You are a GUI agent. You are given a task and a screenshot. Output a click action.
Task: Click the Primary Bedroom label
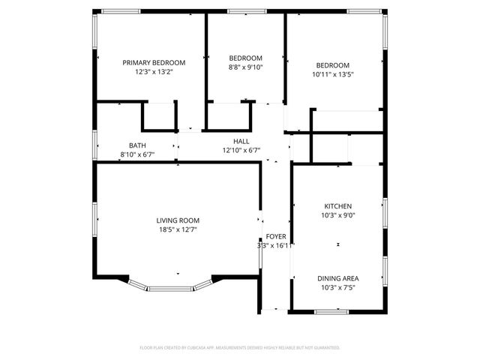[x=154, y=62]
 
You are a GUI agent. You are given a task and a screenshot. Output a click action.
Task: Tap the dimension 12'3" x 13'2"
[x=154, y=73]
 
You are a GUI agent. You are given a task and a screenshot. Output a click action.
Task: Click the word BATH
[x=137, y=145]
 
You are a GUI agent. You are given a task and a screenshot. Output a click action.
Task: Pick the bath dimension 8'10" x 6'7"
[x=137, y=154]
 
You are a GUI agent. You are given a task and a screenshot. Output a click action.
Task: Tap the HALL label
[x=241, y=141]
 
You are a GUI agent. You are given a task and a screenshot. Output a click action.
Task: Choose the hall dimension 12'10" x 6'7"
[x=241, y=150]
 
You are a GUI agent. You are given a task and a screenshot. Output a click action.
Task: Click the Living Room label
[x=178, y=220]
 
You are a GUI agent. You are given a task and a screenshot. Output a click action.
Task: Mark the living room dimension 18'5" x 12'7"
[x=178, y=230]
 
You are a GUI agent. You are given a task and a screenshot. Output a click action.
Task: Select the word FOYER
[x=276, y=236]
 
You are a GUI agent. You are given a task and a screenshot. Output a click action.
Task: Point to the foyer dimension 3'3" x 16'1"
[x=275, y=245]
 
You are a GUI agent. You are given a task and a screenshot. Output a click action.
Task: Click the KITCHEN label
[x=337, y=206]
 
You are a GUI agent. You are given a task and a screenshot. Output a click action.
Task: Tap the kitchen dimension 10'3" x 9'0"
[x=337, y=215]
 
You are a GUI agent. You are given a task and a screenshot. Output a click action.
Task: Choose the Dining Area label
[x=337, y=277]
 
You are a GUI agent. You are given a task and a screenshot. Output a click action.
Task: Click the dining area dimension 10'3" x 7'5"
[x=337, y=286]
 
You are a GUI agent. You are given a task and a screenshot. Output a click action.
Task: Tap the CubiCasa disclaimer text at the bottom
[x=240, y=348]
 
